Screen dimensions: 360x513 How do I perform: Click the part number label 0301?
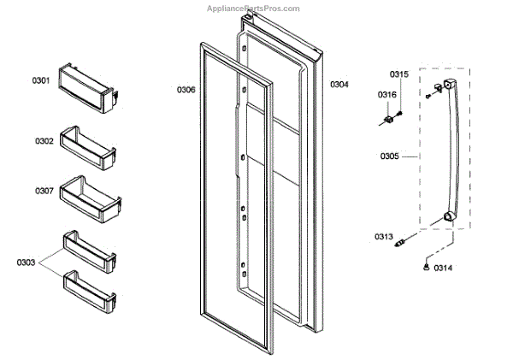coord(41,80)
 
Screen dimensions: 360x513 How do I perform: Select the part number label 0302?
coord(44,140)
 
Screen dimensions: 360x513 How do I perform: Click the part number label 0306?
coord(186,89)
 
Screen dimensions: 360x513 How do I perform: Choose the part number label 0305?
coord(390,156)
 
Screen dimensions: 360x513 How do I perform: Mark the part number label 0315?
coord(399,74)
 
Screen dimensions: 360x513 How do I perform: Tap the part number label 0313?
coord(383,236)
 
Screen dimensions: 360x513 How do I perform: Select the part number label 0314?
coord(443,269)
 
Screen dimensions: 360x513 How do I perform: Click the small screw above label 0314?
coord(424,268)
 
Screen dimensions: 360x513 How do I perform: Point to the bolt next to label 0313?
coord(398,246)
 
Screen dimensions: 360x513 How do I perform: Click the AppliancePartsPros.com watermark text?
coord(254,8)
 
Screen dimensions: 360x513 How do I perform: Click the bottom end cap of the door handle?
coord(446,220)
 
